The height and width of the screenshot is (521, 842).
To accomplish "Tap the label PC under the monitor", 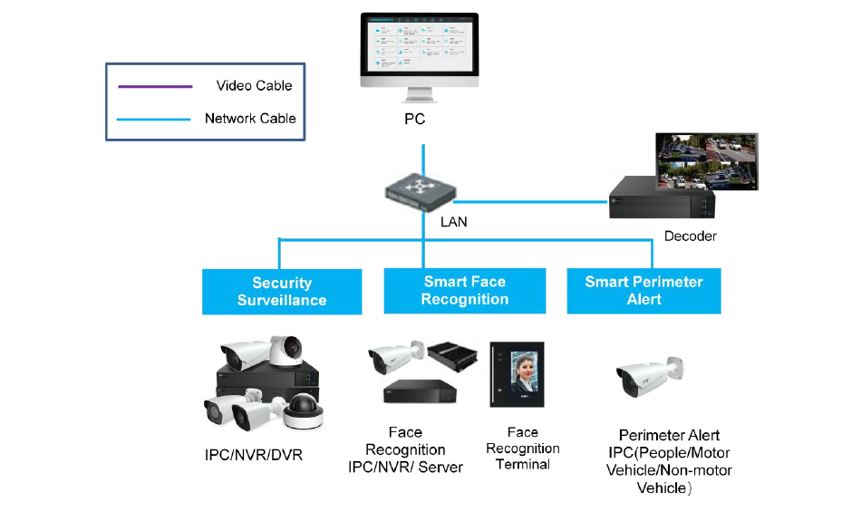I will pyautogui.click(x=414, y=119).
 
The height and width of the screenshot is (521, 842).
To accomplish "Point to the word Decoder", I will pyautogui.click(x=690, y=236).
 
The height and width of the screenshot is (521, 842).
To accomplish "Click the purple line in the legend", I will pyautogui.click(x=155, y=86).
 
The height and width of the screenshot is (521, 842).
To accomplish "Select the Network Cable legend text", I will pyautogui.click(x=250, y=119).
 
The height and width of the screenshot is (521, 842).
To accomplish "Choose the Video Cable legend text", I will pyautogui.click(x=254, y=86).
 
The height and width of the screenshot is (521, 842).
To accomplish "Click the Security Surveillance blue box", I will pyautogui.click(x=281, y=292).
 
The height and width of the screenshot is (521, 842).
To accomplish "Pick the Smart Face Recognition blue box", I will pyautogui.click(x=464, y=291).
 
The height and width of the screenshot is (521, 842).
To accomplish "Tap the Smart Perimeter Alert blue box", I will pyautogui.click(x=644, y=291).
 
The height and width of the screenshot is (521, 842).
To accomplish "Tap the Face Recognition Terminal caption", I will pyautogui.click(x=522, y=449).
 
